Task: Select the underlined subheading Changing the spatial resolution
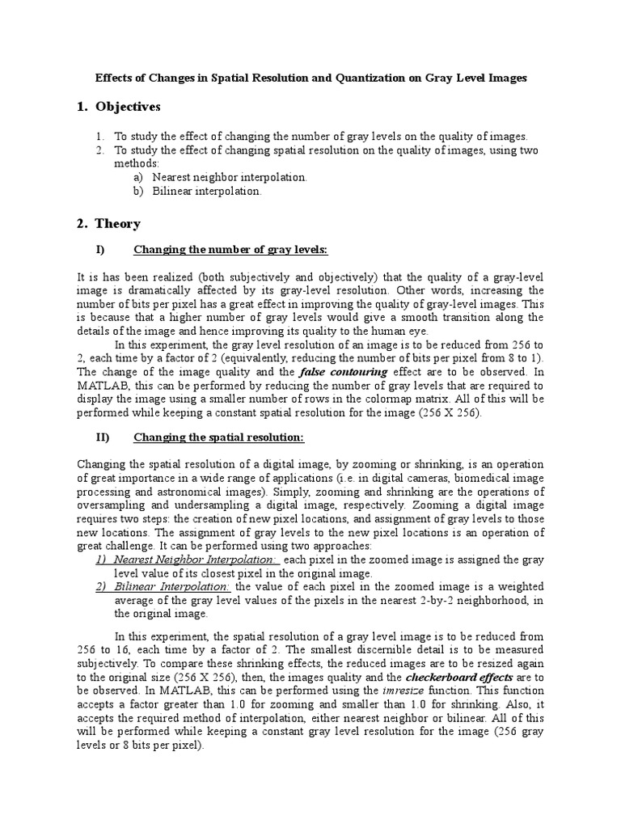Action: tap(218, 437)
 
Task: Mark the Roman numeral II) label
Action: tap(103, 437)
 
